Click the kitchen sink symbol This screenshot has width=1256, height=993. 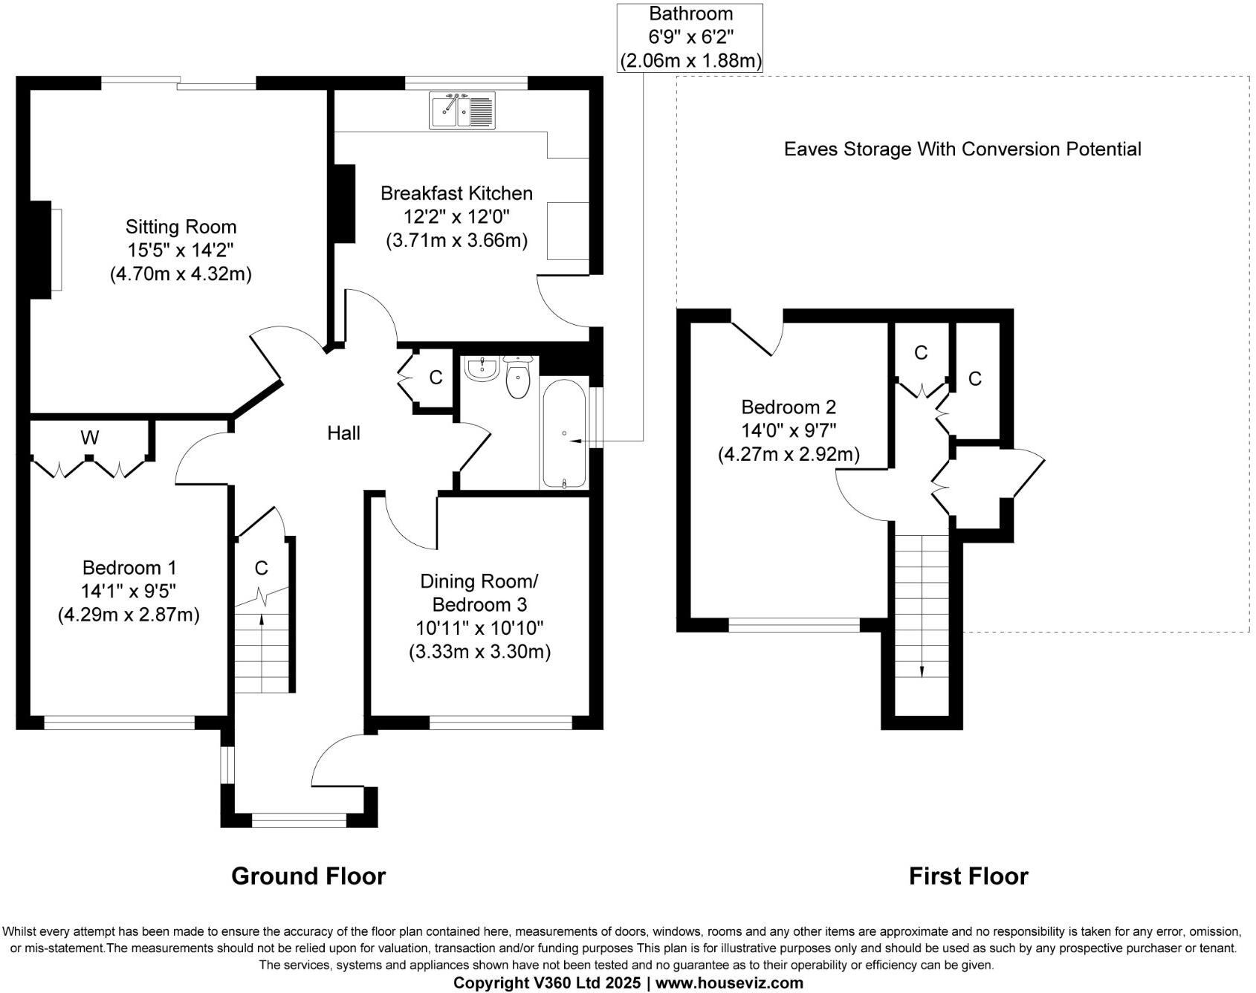tap(462, 110)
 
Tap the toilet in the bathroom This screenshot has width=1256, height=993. tap(518, 378)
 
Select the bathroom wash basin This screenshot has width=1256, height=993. tap(482, 369)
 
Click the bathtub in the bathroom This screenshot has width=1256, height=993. tap(564, 434)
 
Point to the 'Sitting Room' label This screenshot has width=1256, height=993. tap(181, 227)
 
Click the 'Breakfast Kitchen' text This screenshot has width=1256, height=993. tap(456, 193)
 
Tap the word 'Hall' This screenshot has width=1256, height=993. tap(343, 433)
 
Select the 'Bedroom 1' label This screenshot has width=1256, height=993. tap(129, 568)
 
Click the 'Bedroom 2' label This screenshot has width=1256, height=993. tap(789, 407)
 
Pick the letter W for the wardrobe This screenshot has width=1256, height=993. tap(90, 438)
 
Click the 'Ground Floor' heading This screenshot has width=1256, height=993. tap(308, 876)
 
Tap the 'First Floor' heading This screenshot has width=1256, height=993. tap(968, 876)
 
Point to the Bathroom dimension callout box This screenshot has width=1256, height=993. tap(690, 38)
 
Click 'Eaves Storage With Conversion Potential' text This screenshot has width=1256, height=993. tap(962, 149)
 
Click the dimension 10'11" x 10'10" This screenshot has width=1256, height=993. tap(479, 628)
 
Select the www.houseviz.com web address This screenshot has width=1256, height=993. tap(729, 983)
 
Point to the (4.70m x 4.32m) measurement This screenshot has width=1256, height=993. tap(181, 274)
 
